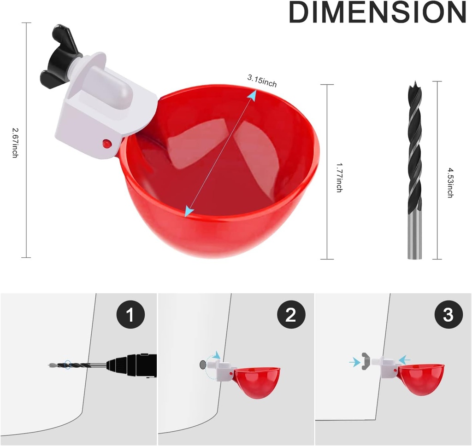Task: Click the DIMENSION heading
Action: [377, 13]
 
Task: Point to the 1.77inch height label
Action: [339, 177]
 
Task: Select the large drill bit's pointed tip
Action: [414, 86]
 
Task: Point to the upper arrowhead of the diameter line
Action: [252, 94]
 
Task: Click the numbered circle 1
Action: [130, 315]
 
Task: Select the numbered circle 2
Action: [290, 315]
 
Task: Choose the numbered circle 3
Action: [448, 315]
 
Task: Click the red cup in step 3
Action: [420, 377]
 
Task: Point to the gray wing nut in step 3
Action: [366, 362]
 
